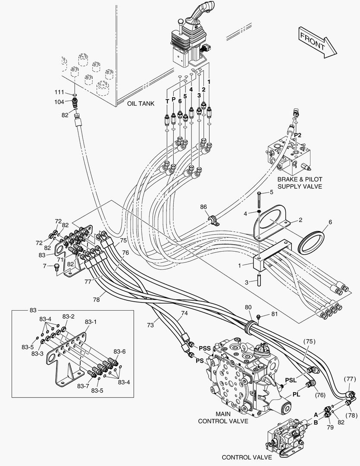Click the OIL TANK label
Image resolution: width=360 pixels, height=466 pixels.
pos(141,104)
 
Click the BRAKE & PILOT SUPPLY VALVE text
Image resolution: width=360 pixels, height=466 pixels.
pos(300,183)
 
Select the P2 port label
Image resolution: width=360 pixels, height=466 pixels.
pos(297,135)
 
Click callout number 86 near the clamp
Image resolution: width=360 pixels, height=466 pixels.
pos(203,208)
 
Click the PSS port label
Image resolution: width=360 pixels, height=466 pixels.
pos(205,348)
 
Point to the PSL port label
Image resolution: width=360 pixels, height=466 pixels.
pos(291,380)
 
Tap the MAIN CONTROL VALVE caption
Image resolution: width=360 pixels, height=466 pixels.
pos(223,418)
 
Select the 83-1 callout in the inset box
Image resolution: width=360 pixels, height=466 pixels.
pos(91,322)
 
